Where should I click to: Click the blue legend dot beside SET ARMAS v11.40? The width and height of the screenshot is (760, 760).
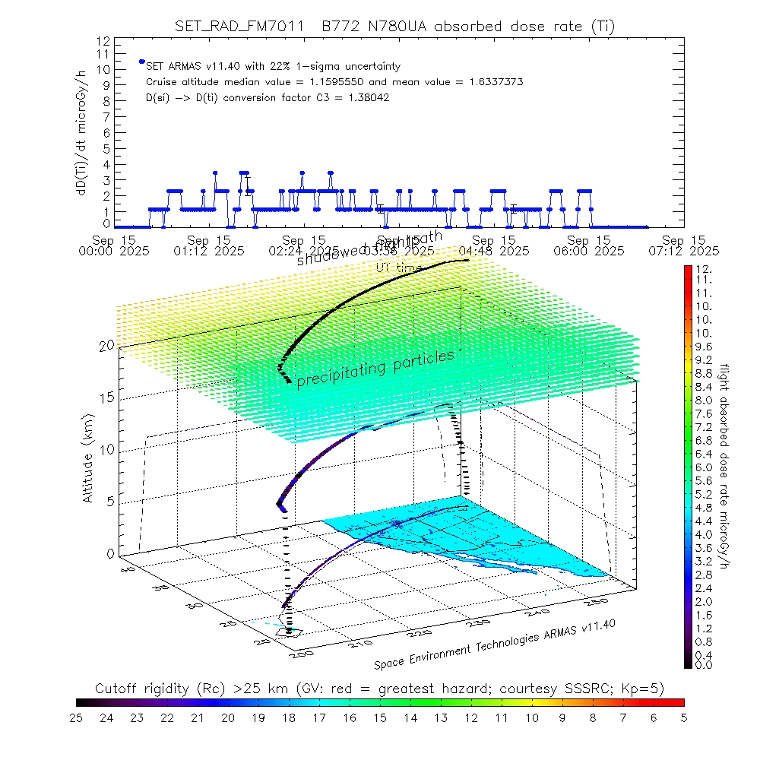click(x=141, y=62)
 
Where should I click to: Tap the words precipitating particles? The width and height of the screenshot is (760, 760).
click(x=375, y=368)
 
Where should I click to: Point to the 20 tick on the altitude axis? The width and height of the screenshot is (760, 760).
click(x=106, y=345)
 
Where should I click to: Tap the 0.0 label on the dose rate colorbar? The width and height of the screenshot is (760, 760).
click(x=702, y=665)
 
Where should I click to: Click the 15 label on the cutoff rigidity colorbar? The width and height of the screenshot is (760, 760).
click(x=380, y=716)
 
